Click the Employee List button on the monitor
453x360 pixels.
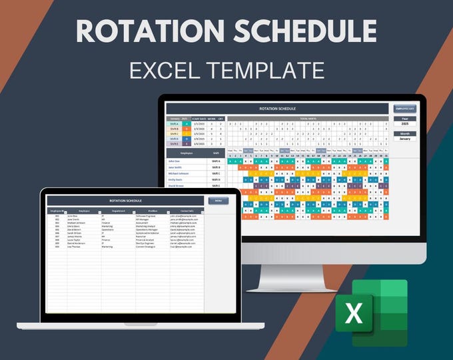[404, 108]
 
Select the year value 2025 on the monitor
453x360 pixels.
[404, 124]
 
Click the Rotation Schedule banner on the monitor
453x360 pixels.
[277, 108]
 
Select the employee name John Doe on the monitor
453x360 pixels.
[174, 161]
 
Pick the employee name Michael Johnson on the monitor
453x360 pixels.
[179, 172]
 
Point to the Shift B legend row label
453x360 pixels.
[174, 129]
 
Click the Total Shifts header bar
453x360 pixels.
[307, 118]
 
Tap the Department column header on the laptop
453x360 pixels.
[118, 211]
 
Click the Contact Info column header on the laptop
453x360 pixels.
[187, 211]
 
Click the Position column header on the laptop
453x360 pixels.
[153, 211]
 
